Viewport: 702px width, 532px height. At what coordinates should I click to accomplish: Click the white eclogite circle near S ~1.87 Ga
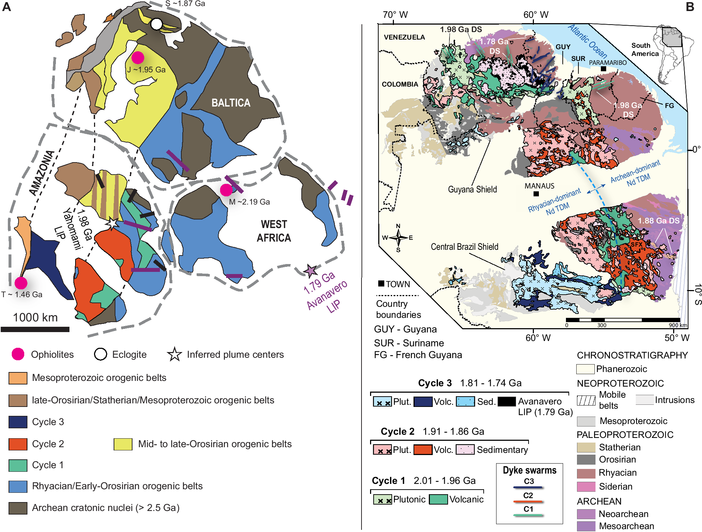point(156,24)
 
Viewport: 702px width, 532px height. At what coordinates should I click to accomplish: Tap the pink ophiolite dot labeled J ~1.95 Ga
point(138,57)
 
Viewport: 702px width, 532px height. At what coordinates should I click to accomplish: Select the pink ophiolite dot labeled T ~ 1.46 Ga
point(21,283)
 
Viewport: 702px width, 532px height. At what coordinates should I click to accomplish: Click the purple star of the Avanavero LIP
point(311,271)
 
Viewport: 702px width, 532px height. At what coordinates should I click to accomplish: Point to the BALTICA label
point(231,103)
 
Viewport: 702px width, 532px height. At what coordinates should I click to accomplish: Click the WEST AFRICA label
point(274,231)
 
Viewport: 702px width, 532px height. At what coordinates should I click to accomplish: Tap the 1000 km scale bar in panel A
point(35,329)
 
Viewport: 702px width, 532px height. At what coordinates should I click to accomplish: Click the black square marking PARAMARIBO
point(603,69)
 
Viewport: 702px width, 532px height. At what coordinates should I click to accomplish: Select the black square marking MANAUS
point(536,194)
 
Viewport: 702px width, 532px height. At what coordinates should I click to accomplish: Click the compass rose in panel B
point(398,237)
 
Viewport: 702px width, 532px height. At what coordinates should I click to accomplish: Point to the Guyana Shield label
point(472,189)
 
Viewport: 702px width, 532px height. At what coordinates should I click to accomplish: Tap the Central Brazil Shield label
point(464,247)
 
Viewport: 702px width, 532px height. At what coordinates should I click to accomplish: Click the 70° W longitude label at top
point(395,15)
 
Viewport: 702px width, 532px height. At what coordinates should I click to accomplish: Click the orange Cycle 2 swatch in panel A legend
point(18,444)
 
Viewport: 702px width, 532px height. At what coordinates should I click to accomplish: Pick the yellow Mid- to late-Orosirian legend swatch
point(123,444)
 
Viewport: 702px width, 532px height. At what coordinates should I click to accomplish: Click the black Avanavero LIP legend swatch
point(506,402)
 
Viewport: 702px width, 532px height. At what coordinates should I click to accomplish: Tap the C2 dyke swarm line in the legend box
point(528,501)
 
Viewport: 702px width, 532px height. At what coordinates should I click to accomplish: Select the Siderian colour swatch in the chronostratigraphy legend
point(586,486)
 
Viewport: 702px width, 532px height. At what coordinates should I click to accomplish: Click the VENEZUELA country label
point(404,37)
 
